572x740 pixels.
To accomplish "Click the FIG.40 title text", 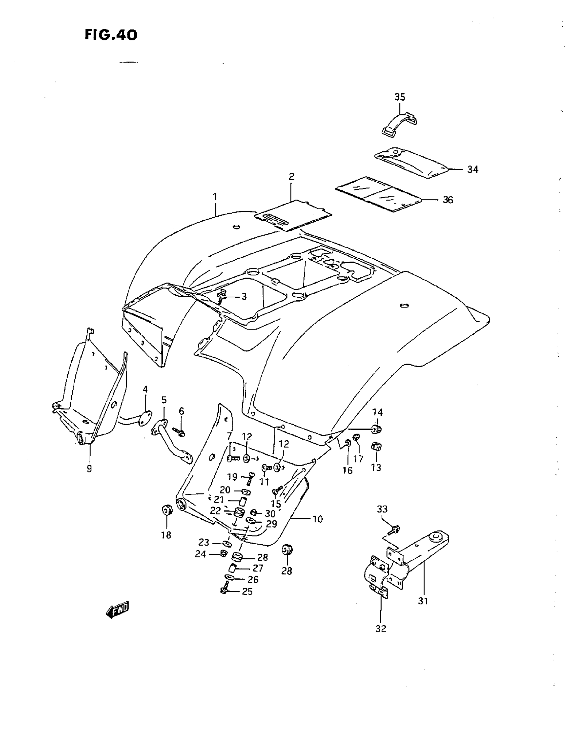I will pyautogui.click(x=111, y=35).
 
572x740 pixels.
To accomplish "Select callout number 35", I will pyautogui.click(x=399, y=97).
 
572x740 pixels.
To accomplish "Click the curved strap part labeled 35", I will pyautogui.click(x=399, y=124).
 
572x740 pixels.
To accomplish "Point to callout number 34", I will pyautogui.click(x=472, y=169).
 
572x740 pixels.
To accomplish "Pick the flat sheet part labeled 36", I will pyautogui.click(x=379, y=194).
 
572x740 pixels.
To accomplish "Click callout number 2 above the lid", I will pyautogui.click(x=291, y=177).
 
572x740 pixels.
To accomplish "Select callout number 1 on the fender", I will pyautogui.click(x=215, y=197).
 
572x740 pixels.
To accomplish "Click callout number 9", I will pyautogui.click(x=89, y=469).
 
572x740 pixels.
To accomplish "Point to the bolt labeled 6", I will pyautogui.click(x=180, y=431).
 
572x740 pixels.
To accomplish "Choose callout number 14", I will pyautogui.click(x=378, y=412).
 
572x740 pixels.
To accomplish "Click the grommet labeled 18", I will pyautogui.click(x=167, y=510).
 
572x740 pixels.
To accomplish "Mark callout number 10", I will pyautogui.click(x=318, y=519).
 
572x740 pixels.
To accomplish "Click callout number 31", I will pyautogui.click(x=423, y=601).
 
